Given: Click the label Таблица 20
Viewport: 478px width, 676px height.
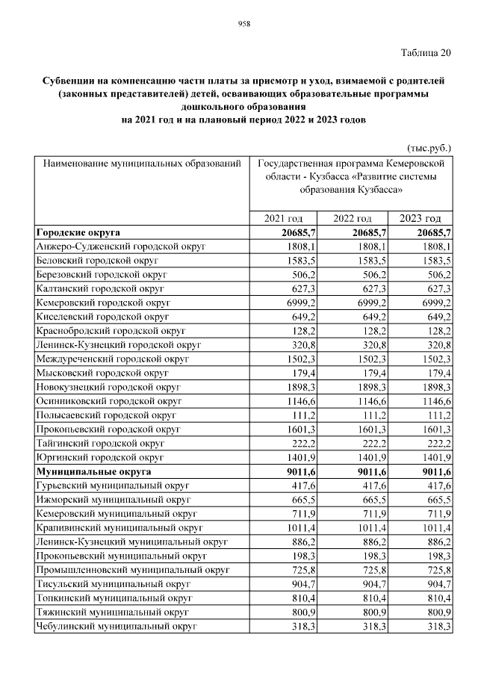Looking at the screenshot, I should pyautogui.click(x=426, y=53).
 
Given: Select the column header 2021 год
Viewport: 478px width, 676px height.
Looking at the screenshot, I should pyautogui.click(x=284, y=218).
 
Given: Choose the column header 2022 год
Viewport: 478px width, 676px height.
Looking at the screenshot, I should pyautogui.click(x=352, y=218).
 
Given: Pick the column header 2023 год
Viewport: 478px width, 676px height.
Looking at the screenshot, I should pyautogui.click(x=420, y=218).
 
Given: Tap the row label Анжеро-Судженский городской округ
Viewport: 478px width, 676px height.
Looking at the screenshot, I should pyautogui.click(x=120, y=246).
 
